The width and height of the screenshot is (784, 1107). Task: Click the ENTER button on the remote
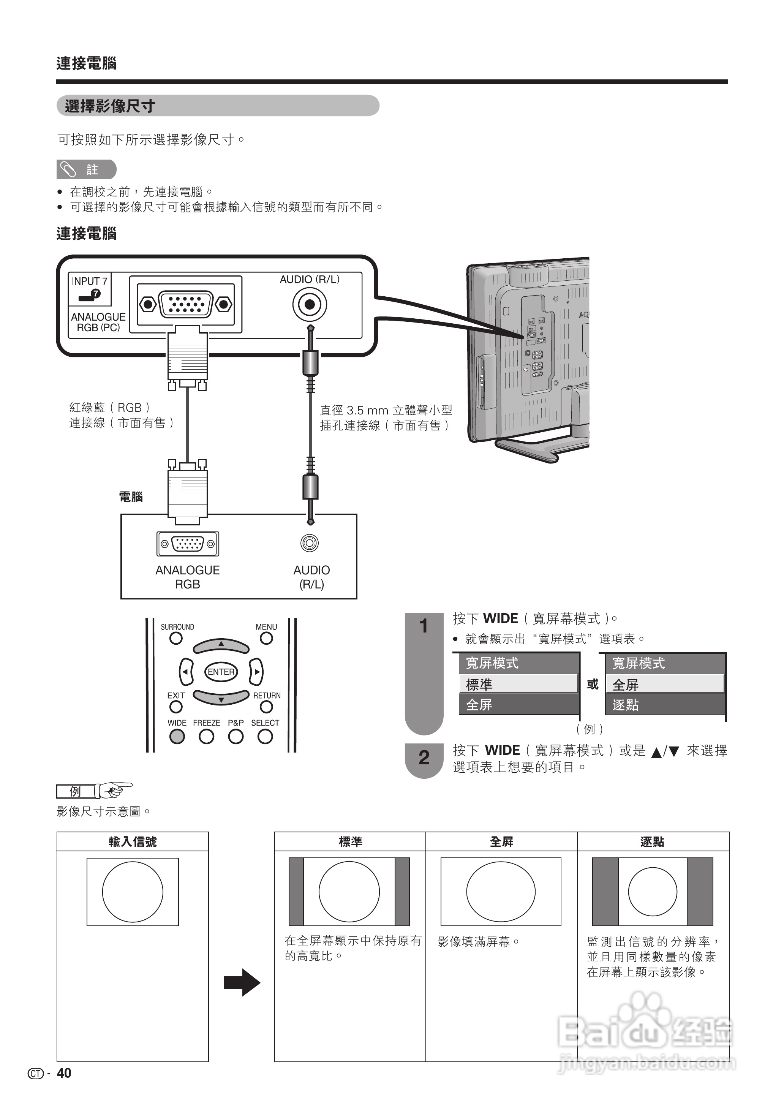221,672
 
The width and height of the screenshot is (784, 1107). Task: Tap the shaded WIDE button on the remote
177,736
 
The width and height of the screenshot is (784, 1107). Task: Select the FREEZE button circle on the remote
206,736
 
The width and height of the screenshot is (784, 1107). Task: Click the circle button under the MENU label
266,638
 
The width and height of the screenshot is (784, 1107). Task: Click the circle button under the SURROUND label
176,638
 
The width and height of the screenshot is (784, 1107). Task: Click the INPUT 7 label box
90,288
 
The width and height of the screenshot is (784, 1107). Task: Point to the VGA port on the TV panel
186,305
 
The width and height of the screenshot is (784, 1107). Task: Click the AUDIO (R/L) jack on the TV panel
310,305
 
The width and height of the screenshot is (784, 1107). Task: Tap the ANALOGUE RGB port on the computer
187,544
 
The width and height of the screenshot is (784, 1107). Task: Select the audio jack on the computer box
310,543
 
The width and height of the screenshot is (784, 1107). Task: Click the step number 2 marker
424,758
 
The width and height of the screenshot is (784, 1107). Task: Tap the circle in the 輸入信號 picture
133,892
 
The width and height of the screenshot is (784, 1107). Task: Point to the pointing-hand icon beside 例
114,790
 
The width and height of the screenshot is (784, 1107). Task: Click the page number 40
64,1073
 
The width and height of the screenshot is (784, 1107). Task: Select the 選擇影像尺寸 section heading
110,106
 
